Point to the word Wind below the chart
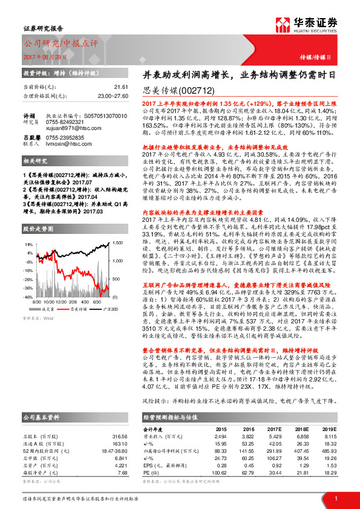pos(49,317)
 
